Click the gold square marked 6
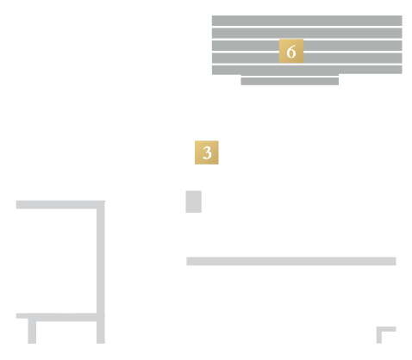tap(291, 51)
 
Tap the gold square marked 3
tap(207, 152)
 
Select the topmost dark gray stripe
tap(307, 21)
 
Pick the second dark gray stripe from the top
tap(307, 33)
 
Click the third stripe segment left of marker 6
tap(246, 46)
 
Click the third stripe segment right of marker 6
tap(353, 46)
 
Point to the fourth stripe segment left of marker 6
tap(246, 58)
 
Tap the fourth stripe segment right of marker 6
tap(353, 58)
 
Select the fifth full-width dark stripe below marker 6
tap(307, 70)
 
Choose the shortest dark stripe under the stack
tap(290, 81)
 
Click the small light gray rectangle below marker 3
tap(194, 202)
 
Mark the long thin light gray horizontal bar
tap(291, 261)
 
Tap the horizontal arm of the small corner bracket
tap(386, 329)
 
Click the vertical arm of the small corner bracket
tap(379, 335)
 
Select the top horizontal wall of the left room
tap(60, 205)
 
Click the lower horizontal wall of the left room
tap(60, 317)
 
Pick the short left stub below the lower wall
tap(32, 331)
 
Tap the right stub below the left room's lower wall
tap(101, 332)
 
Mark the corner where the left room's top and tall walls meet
tap(101, 205)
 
